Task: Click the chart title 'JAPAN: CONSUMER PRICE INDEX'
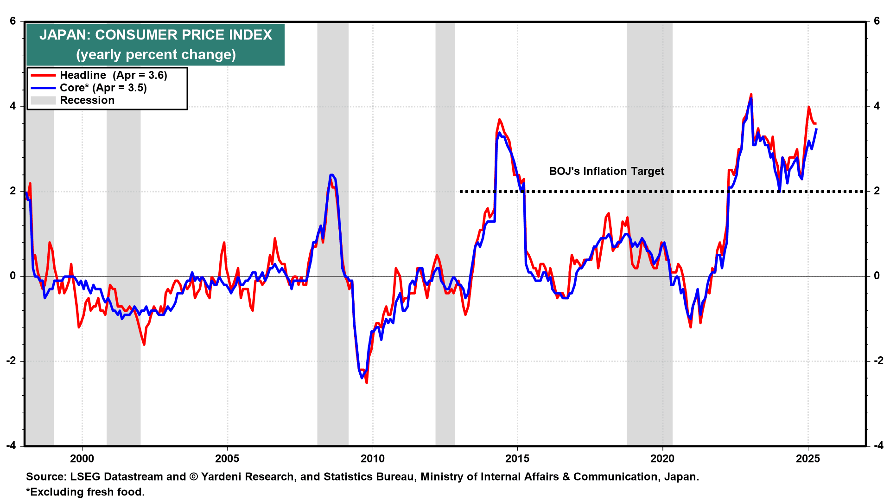[156, 35]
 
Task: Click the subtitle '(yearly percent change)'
[156, 55]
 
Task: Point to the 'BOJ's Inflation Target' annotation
[606, 171]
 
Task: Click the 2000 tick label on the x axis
[82, 459]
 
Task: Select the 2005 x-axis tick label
[227, 459]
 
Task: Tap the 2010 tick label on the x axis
[373, 459]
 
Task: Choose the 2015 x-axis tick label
[517, 459]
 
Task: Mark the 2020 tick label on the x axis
[662, 459]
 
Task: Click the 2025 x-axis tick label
[808, 459]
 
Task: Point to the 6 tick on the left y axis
[13, 21]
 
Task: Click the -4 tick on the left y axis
[11, 445]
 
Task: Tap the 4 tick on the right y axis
[877, 106]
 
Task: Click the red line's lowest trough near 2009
[367, 383]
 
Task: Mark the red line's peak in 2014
[499, 119]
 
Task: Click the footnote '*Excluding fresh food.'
[85, 492]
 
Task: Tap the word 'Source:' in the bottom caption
[46, 476]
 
